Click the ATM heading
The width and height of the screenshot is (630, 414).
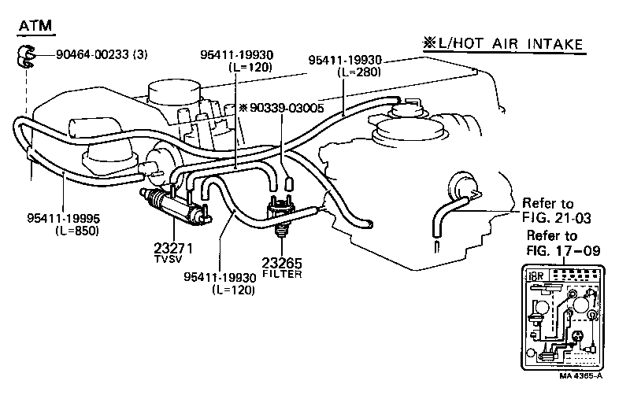pos(35,26)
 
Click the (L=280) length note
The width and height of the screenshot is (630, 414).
pos(359,72)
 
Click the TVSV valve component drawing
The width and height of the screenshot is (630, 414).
pos(170,205)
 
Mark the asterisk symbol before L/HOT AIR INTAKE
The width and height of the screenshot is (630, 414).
pos(429,43)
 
